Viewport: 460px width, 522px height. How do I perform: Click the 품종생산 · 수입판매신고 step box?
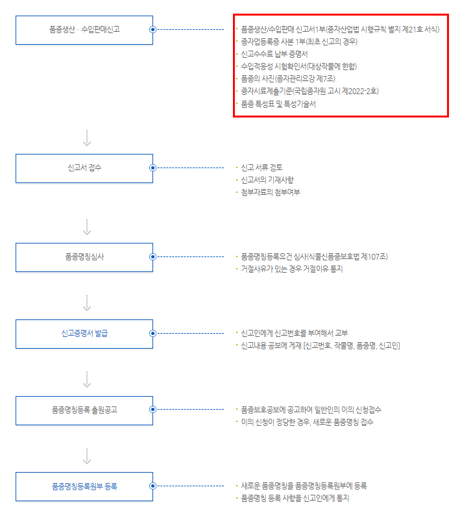click(84, 30)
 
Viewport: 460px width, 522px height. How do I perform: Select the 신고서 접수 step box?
click(84, 168)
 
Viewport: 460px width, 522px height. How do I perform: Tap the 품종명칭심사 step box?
click(84, 256)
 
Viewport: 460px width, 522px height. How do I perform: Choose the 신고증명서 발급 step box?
click(84, 334)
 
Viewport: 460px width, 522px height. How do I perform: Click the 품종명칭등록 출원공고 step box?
click(84, 410)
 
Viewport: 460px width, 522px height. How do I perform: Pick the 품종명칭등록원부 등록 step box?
click(84, 486)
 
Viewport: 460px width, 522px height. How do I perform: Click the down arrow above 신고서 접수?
click(88, 138)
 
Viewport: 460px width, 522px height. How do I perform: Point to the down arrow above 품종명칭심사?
click(88, 227)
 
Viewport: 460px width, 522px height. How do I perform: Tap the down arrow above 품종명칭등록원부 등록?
click(88, 455)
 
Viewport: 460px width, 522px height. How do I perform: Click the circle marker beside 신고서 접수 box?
click(152, 168)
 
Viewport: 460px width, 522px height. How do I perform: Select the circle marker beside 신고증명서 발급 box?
click(152, 334)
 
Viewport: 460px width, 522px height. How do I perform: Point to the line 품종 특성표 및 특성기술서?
click(278, 104)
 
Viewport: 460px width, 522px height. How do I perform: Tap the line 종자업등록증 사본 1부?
click(298, 42)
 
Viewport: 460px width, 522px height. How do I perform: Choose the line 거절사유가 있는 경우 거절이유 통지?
click(291, 269)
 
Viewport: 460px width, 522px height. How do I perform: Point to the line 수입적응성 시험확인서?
click(298, 66)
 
